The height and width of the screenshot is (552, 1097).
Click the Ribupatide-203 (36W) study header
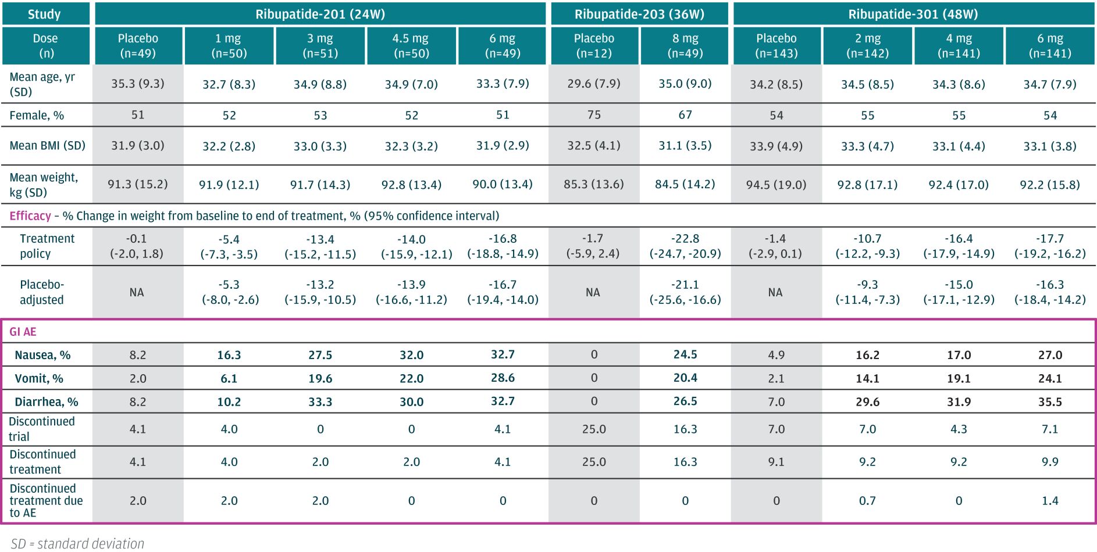click(x=639, y=14)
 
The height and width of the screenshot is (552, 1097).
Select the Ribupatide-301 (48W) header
click(x=914, y=14)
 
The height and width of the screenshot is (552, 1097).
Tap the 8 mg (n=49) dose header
click(x=685, y=45)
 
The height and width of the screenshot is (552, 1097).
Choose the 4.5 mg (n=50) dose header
click(x=411, y=45)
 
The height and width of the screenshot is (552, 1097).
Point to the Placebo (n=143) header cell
click(x=776, y=45)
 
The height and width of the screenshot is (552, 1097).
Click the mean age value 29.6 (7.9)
click(x=593, y=84)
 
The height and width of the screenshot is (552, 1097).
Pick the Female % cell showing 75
click(x=593, y=115)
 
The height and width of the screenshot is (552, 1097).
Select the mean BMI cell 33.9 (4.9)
click(x=776, y=146)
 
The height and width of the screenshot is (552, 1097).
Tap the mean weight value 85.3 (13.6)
click(x=593, y=184)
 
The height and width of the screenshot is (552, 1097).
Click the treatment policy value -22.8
click(x=685, y=239)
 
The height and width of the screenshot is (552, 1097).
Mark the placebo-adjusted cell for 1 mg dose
click(x=230, y=292)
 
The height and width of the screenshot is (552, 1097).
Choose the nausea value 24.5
click(x=685, y=354)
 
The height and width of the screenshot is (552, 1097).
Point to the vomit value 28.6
click(x=503, y=378)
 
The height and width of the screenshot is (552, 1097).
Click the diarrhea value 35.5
click(x=1050, y=402)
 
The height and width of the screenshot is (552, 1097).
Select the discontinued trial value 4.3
click(x=959, y=429)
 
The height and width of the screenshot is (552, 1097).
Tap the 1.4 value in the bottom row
click(x=1050, y=500)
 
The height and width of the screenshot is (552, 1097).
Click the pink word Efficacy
click(x=30, y=216)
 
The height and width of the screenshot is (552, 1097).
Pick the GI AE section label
click(x=23, y=332)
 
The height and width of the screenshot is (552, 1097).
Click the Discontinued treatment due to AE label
click(x=46, y=500)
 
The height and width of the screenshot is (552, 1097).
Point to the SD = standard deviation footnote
click(x=77, y=543)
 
